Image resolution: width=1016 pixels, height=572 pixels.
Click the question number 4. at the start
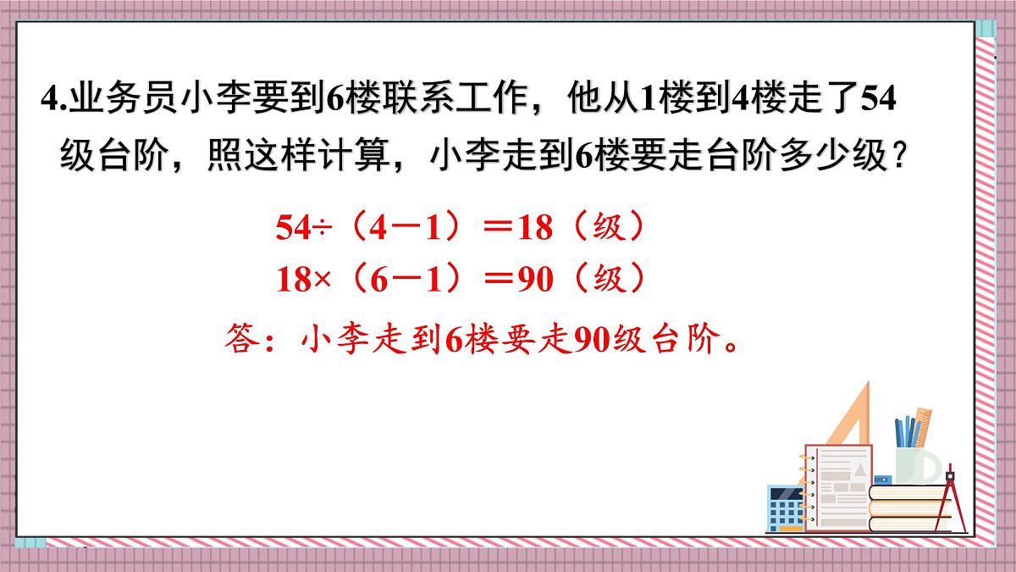(x=51, y=102)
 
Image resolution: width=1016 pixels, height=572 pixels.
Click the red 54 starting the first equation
(x=295, y=229)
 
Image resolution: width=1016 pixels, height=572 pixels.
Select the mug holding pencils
(x=914, y=462)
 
